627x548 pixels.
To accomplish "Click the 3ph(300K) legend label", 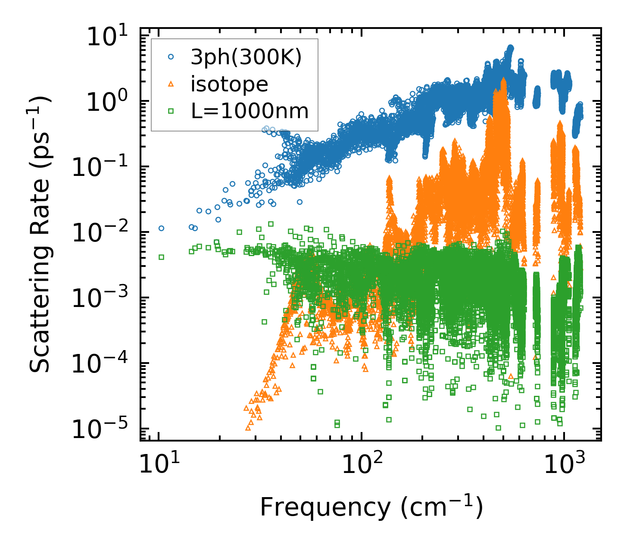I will (246, 57).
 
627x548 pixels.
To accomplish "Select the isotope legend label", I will (229, 84).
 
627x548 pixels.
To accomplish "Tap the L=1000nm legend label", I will (250, 111).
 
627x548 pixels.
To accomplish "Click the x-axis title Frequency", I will (371, 507).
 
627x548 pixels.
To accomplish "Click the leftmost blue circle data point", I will (161, 228).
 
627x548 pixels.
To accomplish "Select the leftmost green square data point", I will (161, 257).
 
